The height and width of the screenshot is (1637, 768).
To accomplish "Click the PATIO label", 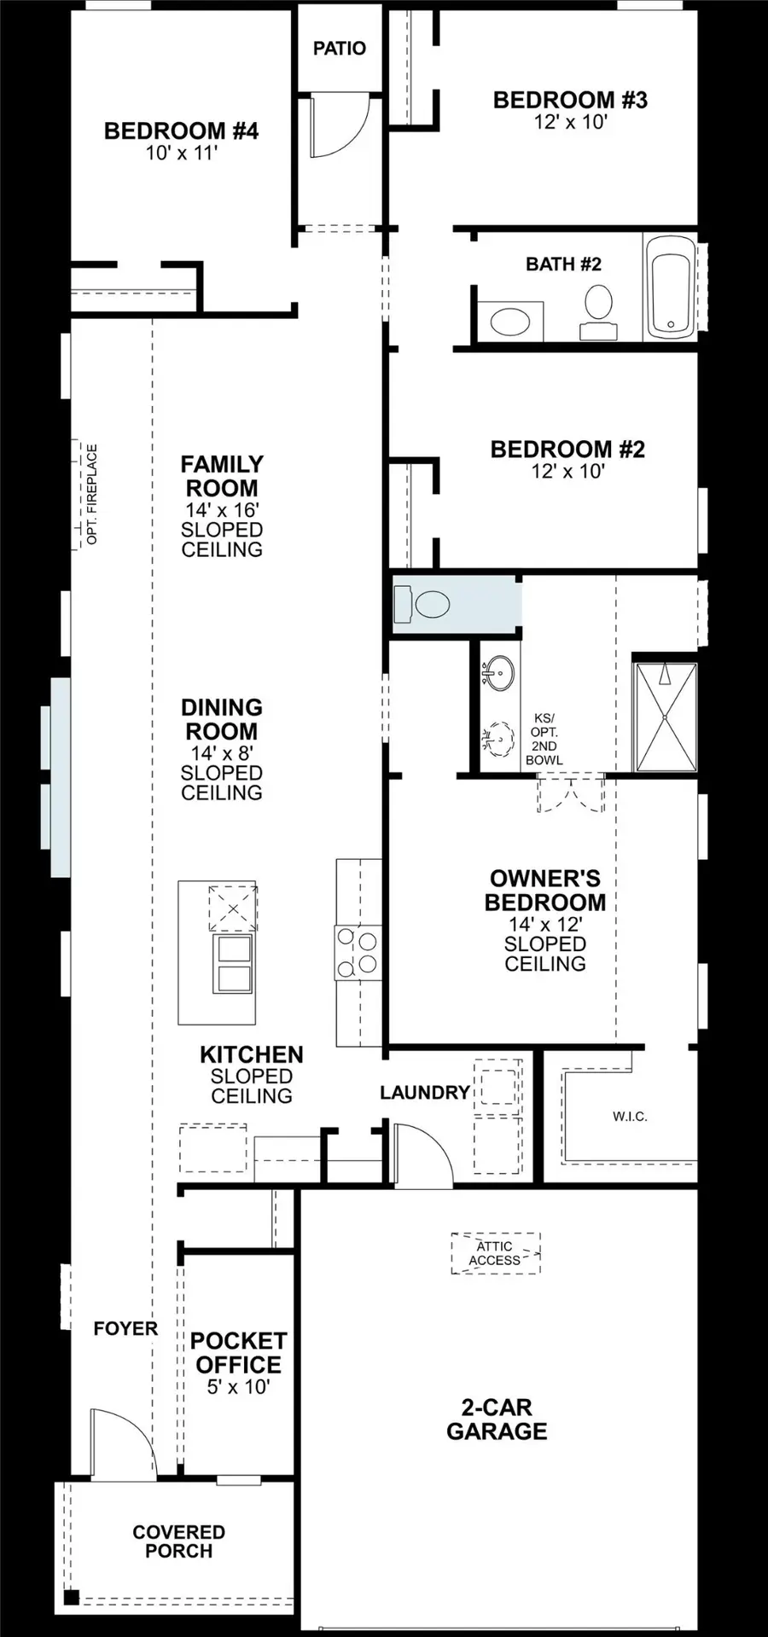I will point(340,49).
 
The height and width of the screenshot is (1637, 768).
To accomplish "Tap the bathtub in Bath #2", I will point(671,287).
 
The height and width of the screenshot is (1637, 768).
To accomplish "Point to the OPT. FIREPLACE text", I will point(92,494).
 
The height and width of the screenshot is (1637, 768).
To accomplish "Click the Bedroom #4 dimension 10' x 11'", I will point(181,154).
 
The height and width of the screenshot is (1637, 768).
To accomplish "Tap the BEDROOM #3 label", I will point(570,100).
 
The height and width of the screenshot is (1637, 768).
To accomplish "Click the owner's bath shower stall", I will point(665,717).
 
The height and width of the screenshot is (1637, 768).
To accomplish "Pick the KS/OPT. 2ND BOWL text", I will point(544,739).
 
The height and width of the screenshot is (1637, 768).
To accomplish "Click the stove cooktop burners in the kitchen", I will point(358,952).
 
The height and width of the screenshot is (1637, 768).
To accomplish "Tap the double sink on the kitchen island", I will point(232,963).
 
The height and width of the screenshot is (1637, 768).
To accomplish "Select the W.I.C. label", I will point(630,1117).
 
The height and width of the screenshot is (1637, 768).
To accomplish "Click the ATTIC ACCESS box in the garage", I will point(495,1253).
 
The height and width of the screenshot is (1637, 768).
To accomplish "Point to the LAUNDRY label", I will point(424,1093).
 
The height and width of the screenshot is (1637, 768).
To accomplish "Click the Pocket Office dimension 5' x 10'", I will point(238,1387).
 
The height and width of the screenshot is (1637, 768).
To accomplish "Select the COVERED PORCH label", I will point(179,1541).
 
